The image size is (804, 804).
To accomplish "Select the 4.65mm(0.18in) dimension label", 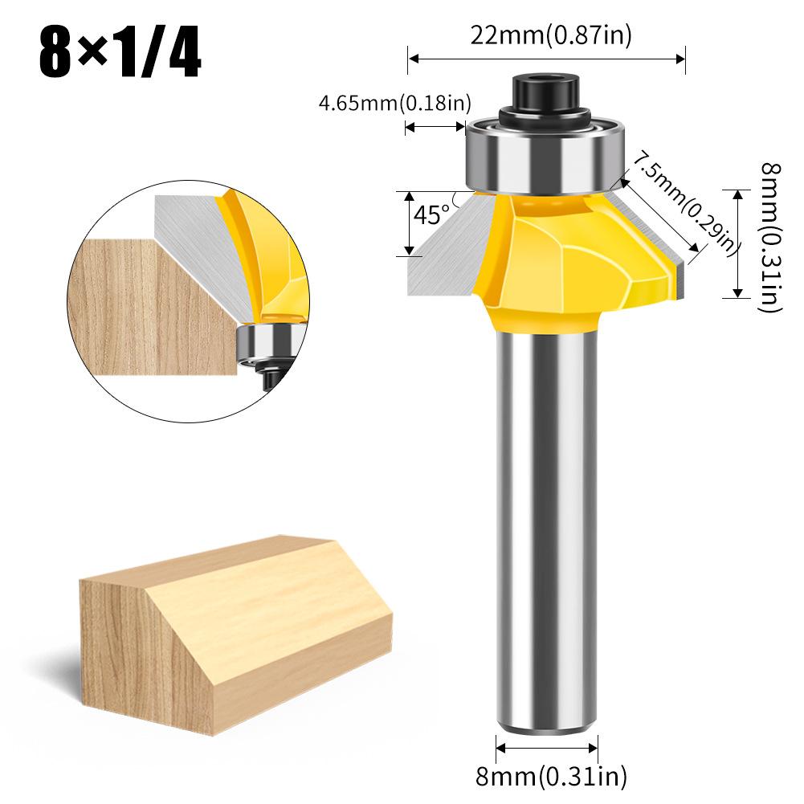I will point(394,103).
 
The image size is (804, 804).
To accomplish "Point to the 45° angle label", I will point(432,214).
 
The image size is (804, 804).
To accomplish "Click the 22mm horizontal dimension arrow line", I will point(546,58).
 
